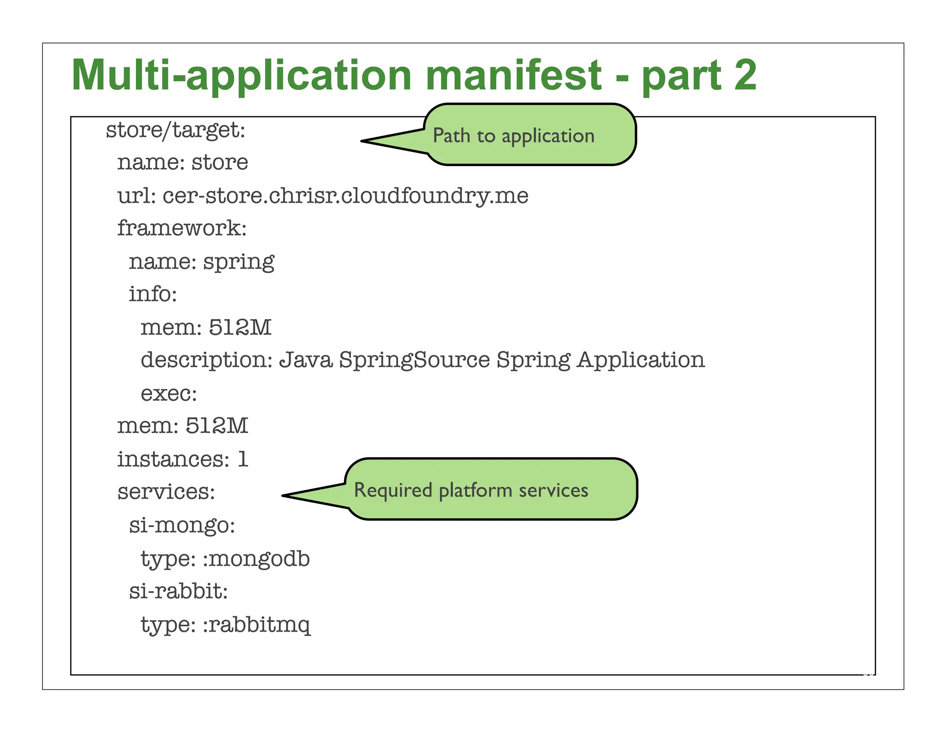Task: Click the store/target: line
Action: pyautogui.click(x=175, y=130)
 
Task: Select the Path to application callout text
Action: pyautogui.click(x=513, y=136)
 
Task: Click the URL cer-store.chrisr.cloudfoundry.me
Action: pyautogui.click(x=345, y=196)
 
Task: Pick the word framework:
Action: pyautogui.click(x=182, y=228)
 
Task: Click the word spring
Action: pyautogui.click(x=239, y=262)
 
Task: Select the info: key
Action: pyautogui.click(x=153, y=294)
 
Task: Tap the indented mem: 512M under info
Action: pyautogui.click(x=206, y=328)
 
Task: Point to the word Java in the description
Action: pyautogui.click(x=306, y=360)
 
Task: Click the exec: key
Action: pyautogui.click(x=169, y=394)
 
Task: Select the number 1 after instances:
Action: pyautogui.click(x=243, y=459)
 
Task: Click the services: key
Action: pyautogui.click(x=166, y=492)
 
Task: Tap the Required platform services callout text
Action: pyautogui.click(x=471, y=490)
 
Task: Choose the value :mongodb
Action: pyautogui.click(x=256, y=559)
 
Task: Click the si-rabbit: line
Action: pyautogui.click(x=178, y=591)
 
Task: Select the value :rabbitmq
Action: pyautogui.click(x=257, y=625)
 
